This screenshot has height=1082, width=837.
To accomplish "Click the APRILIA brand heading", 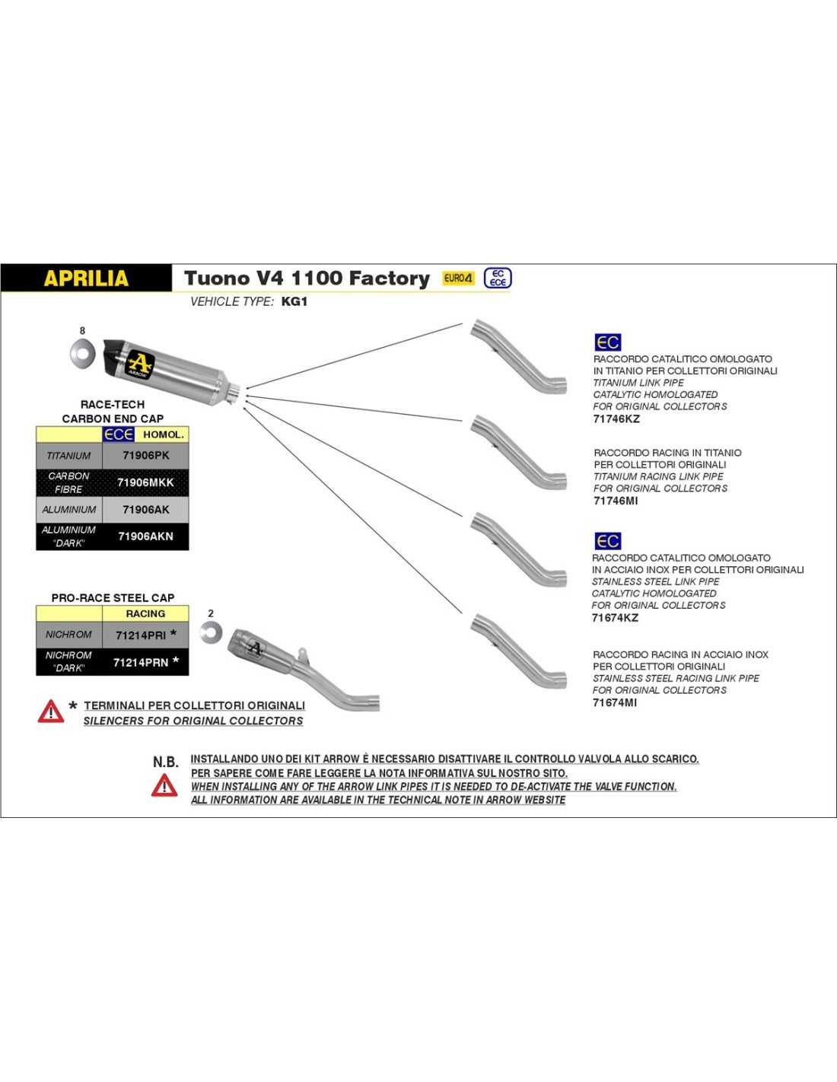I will click(x=86, y=278).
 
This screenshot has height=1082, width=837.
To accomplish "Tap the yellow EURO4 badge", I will click(x=458, y=278).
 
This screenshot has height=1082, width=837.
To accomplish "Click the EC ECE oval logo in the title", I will click(x=498, y=278).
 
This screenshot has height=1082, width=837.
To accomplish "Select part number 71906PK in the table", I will click(x=145, y=456).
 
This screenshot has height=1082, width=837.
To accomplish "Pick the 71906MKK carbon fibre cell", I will click(x=145, y=482).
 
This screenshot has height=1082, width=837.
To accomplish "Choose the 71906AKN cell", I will click(x=145, y=536).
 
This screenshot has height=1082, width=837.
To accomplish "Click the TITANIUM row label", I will click(x=68, y=456).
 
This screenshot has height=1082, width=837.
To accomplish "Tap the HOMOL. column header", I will click(x=163, y=434).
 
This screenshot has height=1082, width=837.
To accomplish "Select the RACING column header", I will click(x=145, y=613).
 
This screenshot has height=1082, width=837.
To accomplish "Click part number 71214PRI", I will click(x=141, y=635).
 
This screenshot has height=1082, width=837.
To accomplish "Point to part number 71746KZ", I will click(x=616, y=418).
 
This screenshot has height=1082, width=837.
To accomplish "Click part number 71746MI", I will click(x=616, y=501).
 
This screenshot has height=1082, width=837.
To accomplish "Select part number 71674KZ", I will click(x=615, y=618).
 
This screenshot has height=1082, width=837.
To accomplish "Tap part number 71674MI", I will click(x=615, y=702).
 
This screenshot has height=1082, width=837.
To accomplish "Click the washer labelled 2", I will click(x=211, y=632).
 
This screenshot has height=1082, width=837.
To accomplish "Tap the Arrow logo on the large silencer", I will click(x=139, y=364).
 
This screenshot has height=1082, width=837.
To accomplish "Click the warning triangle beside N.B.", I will click(x=164, y=784).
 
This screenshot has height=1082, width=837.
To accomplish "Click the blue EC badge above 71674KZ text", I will click(x=607, y=541).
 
